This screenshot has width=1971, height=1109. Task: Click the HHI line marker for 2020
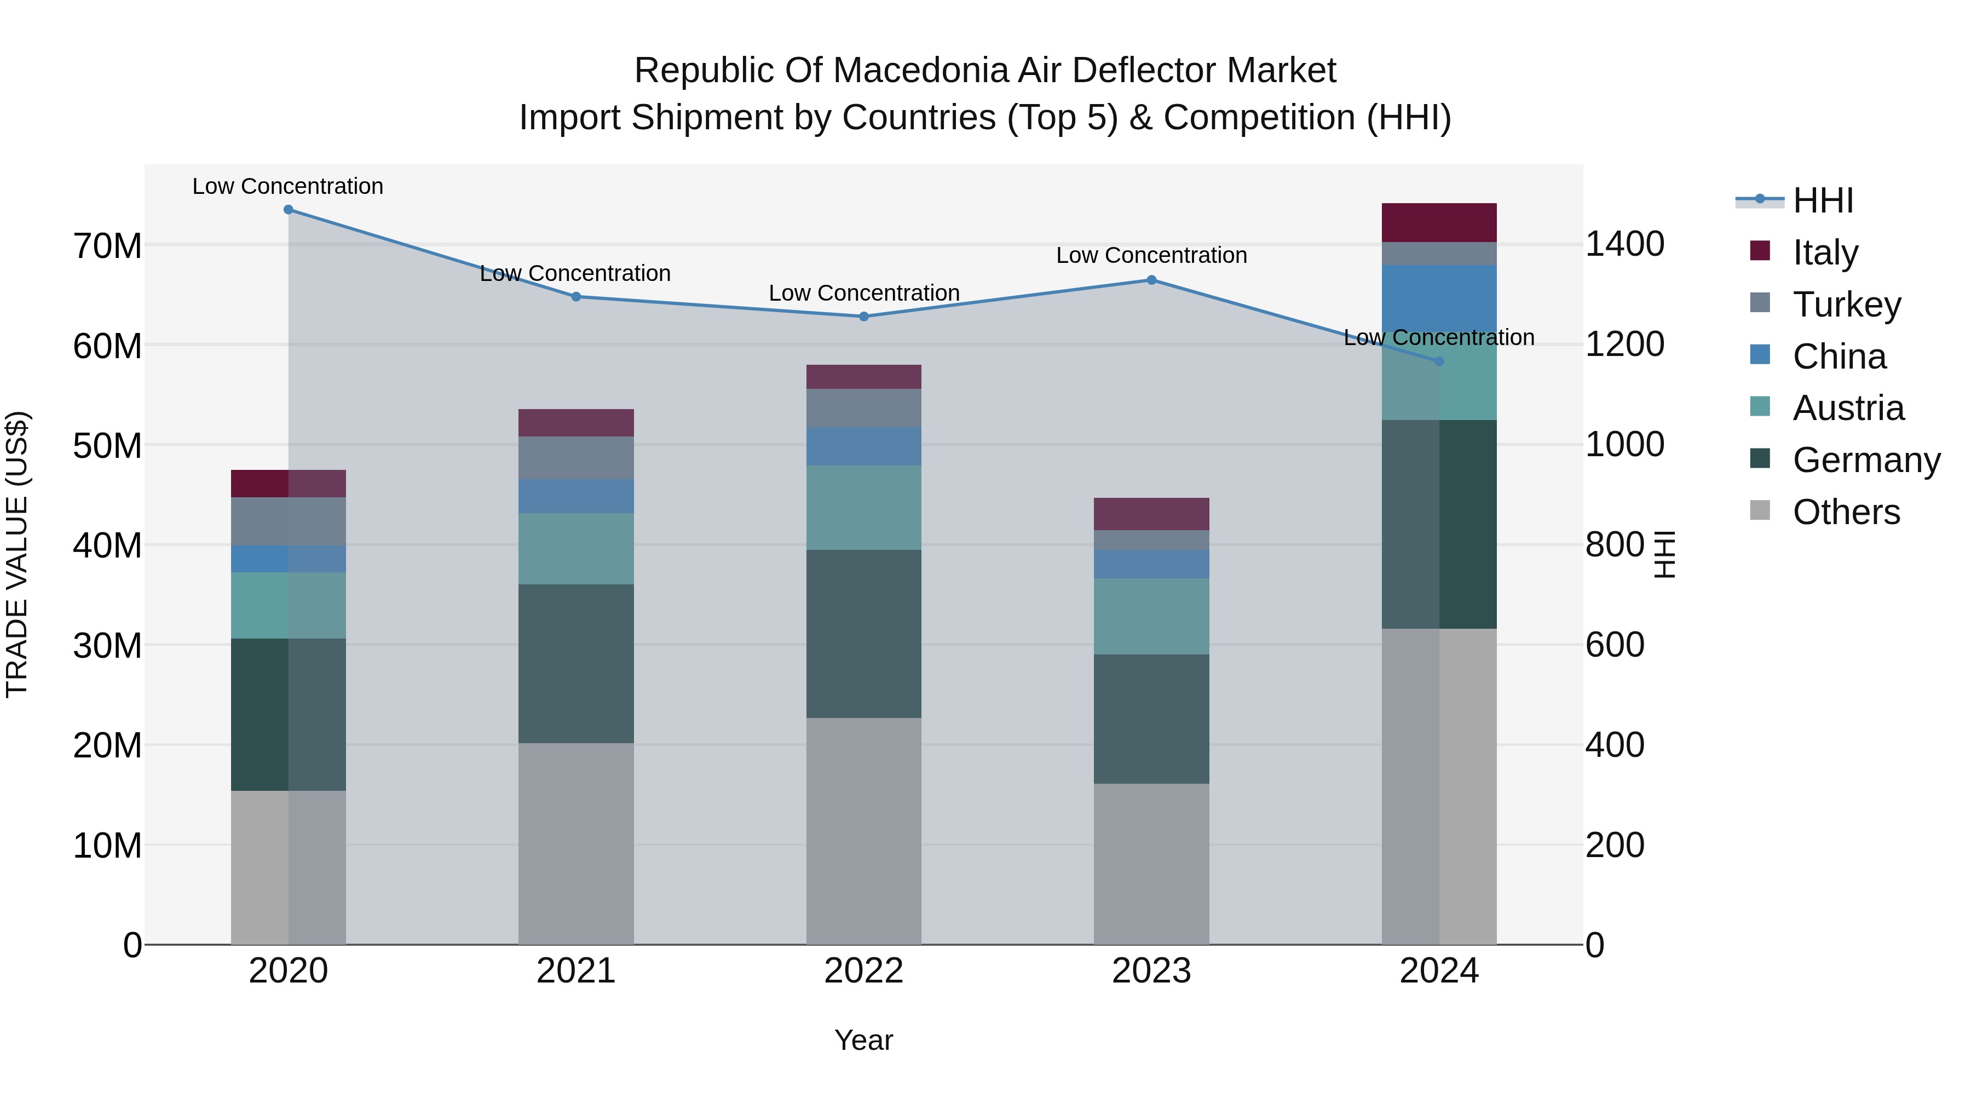[x=289, y=210]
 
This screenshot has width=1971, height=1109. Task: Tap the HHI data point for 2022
[x=864, y=316]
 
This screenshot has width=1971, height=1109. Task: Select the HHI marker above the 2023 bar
[x=1151, y=280]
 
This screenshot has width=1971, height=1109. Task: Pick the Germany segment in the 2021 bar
[x=576, y=664]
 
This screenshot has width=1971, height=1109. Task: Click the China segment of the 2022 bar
[x=864, y=446]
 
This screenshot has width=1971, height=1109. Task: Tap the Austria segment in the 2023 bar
[x=1151, y=616]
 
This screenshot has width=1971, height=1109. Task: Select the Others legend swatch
[x=1760, y=510]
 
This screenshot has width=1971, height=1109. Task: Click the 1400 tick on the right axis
[x=1624, y=244]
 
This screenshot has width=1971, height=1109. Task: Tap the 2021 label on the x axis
[x=576, y=971]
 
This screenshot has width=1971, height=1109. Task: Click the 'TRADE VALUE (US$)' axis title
[x=17, y=554]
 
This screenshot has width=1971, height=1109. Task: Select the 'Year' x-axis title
[x=864, y=1040]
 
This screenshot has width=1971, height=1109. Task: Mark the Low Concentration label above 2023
[x=1151, y=256]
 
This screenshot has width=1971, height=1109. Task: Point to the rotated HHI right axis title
[x=1665, y=554]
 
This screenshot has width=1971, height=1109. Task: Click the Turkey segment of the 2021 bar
[x=576, y=458]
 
